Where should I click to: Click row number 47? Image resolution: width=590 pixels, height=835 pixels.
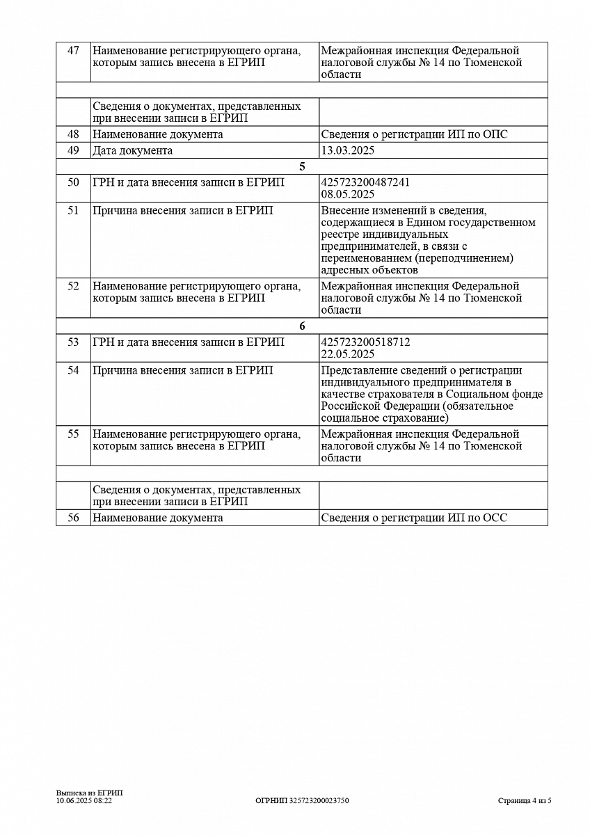[73, 51]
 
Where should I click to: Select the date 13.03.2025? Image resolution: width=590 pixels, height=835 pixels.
[348, 150]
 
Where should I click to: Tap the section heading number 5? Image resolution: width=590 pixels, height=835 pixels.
[302, 166]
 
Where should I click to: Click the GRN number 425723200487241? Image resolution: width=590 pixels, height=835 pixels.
[365, 182]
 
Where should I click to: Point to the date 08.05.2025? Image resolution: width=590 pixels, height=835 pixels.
[348, 194]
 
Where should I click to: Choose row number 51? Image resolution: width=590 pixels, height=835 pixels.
[73, 211]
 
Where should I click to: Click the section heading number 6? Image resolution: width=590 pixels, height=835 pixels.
[302, 326]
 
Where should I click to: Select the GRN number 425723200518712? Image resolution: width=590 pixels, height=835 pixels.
[365, 342]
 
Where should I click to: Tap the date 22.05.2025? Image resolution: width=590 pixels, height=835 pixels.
[348, 353]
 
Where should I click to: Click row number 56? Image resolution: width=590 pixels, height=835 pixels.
[73, 518]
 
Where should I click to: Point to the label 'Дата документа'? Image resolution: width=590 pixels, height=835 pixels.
[132, 150]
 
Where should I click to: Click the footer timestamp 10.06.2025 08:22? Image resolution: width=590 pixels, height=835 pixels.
[84, 801]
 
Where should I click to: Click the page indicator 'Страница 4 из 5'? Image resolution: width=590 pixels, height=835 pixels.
[525, 801]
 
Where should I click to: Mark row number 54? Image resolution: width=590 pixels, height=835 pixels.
[73, 370]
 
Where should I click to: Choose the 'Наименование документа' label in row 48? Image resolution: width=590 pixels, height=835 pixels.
[158, 134]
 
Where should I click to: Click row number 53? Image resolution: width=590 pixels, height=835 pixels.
[73, 342]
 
